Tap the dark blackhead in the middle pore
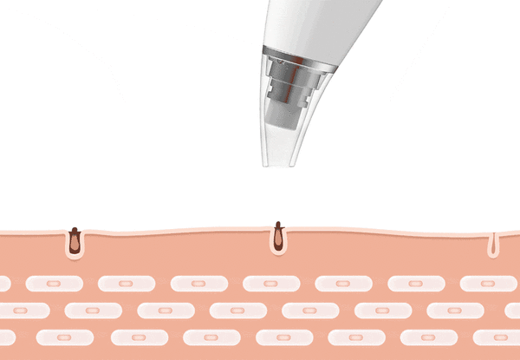(x=278, y=234)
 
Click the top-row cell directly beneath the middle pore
(x=271, y=284)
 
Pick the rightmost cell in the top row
(x=488, y=284)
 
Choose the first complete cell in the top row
(x=54, y=284)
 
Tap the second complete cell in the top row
(x=127, y=284)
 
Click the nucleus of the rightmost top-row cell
(x=488, y=284)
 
